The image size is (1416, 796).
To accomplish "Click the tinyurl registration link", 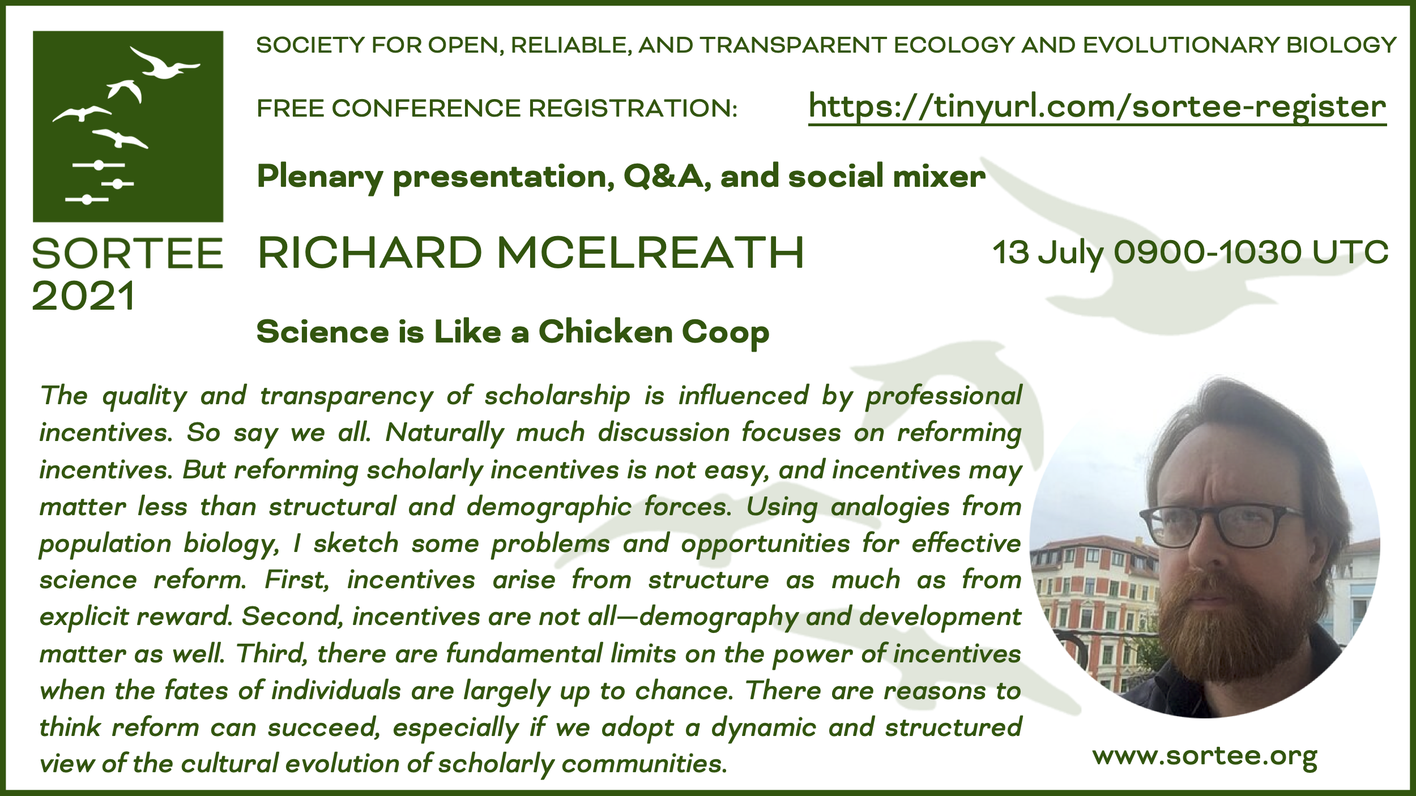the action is (1097, 108).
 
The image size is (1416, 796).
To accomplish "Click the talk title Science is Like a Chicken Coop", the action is (513, 332).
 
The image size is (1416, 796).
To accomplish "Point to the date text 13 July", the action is (1048, 253).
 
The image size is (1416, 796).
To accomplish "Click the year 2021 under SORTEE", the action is (84, 296).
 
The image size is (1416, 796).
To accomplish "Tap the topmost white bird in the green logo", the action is (164, 62).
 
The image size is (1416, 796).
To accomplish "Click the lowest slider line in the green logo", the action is (87, 199).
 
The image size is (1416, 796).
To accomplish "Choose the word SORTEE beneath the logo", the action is (127, 253).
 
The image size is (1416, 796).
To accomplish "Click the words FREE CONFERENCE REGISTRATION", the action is (497, 108).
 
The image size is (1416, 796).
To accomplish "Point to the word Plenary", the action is (320, 177).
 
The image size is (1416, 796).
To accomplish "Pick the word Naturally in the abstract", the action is (445, 433).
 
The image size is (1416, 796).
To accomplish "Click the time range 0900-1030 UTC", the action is (1251, 253).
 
